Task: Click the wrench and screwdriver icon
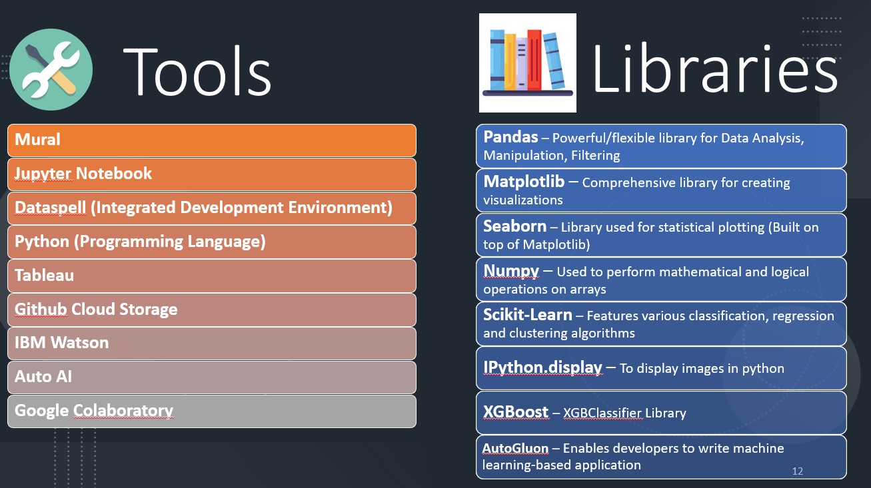tap(51, 69)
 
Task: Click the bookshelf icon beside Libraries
tap(528, 63)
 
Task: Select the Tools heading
tap(197, 71)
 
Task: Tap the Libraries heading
tap(714, 69)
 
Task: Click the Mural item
tap(38, 140)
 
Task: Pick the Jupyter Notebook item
tap(83, 174)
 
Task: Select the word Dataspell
tap(50, 208)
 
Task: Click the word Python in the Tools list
tap(42, 242)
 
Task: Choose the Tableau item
tap(45, 276)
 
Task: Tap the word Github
tap(41, 310)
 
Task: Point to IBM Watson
tap(62, 343)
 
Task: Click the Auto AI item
tap(43, 377)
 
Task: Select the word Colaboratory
tap(123, 411)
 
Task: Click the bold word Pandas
tap(510, 137)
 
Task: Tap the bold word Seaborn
tap(515, 226)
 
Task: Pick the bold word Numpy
tap(511, 271)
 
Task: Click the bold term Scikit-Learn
tap(528, 315)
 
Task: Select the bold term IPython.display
tap(543, 367)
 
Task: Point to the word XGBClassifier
tap(602, 413)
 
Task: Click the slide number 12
tap(798, 471)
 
